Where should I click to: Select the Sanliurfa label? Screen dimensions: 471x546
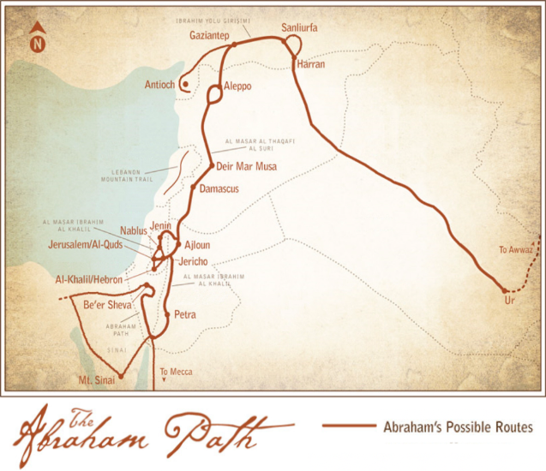299,28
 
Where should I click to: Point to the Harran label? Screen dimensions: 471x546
311,64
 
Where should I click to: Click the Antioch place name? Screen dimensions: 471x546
160,85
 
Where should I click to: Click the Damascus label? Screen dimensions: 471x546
219,188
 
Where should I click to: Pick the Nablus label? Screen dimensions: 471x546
134,230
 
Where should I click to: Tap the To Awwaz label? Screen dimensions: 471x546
516,250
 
